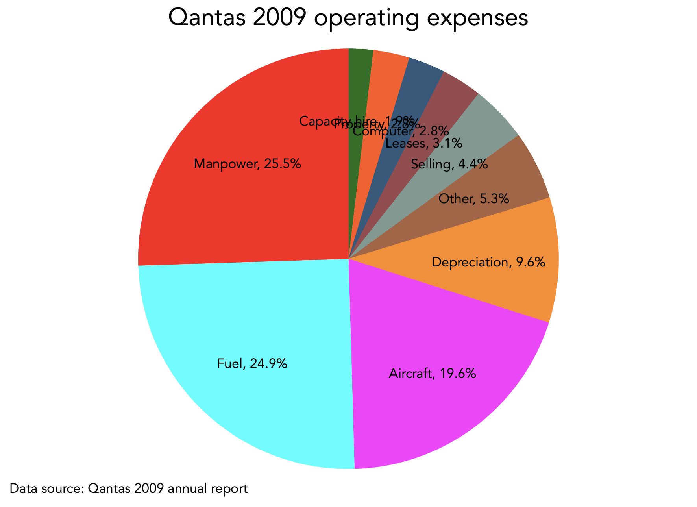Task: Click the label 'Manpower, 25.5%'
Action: coord(248,163)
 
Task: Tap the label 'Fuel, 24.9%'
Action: coord(252,363)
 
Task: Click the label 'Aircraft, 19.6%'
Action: coord(432,373)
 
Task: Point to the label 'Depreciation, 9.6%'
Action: coord(488,262)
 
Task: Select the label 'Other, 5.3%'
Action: coord(474,199)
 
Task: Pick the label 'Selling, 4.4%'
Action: coord(449,164)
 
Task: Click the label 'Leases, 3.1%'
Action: coord(424,144)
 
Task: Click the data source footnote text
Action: coord(128,488)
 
